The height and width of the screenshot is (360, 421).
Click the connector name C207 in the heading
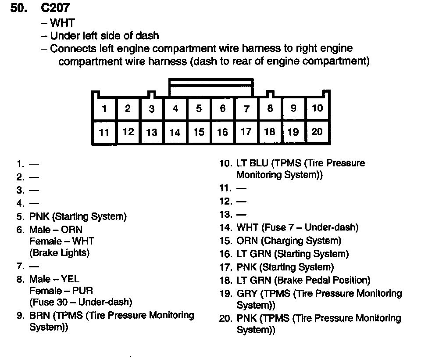pyautogui.click(x=55, y=9)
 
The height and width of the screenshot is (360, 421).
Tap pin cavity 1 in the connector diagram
pyautogui.click(x=104, y=108)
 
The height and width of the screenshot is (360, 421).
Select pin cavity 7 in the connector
pyautogui.click(x=246, y=108)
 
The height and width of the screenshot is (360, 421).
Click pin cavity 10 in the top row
pyautogui.click(x=317, y=108)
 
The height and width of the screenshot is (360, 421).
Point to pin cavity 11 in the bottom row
pyautogui.click(x=104, y=132)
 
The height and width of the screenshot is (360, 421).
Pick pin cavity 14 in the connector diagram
pyautogui.click(x=175, y=132)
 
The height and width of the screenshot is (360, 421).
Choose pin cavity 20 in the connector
pyautogui.click(x=317, y=132)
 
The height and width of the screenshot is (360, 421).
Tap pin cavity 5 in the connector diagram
pyautogui.click(x=199, y=108)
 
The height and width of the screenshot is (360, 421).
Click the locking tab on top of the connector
pyautogui.click(x=210, y=87)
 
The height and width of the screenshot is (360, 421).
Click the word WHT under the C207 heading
pyautogui.click(x=63, y=23)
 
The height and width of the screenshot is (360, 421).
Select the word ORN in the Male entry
pyautogui.click(x=71, y=230)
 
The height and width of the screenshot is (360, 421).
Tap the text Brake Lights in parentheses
pyautogui.click(x=59, y=253)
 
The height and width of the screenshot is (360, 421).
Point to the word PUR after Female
pyautogui.click(x=83, y=291)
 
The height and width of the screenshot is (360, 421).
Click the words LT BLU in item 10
pyautogui.click(x=252, y=163)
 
